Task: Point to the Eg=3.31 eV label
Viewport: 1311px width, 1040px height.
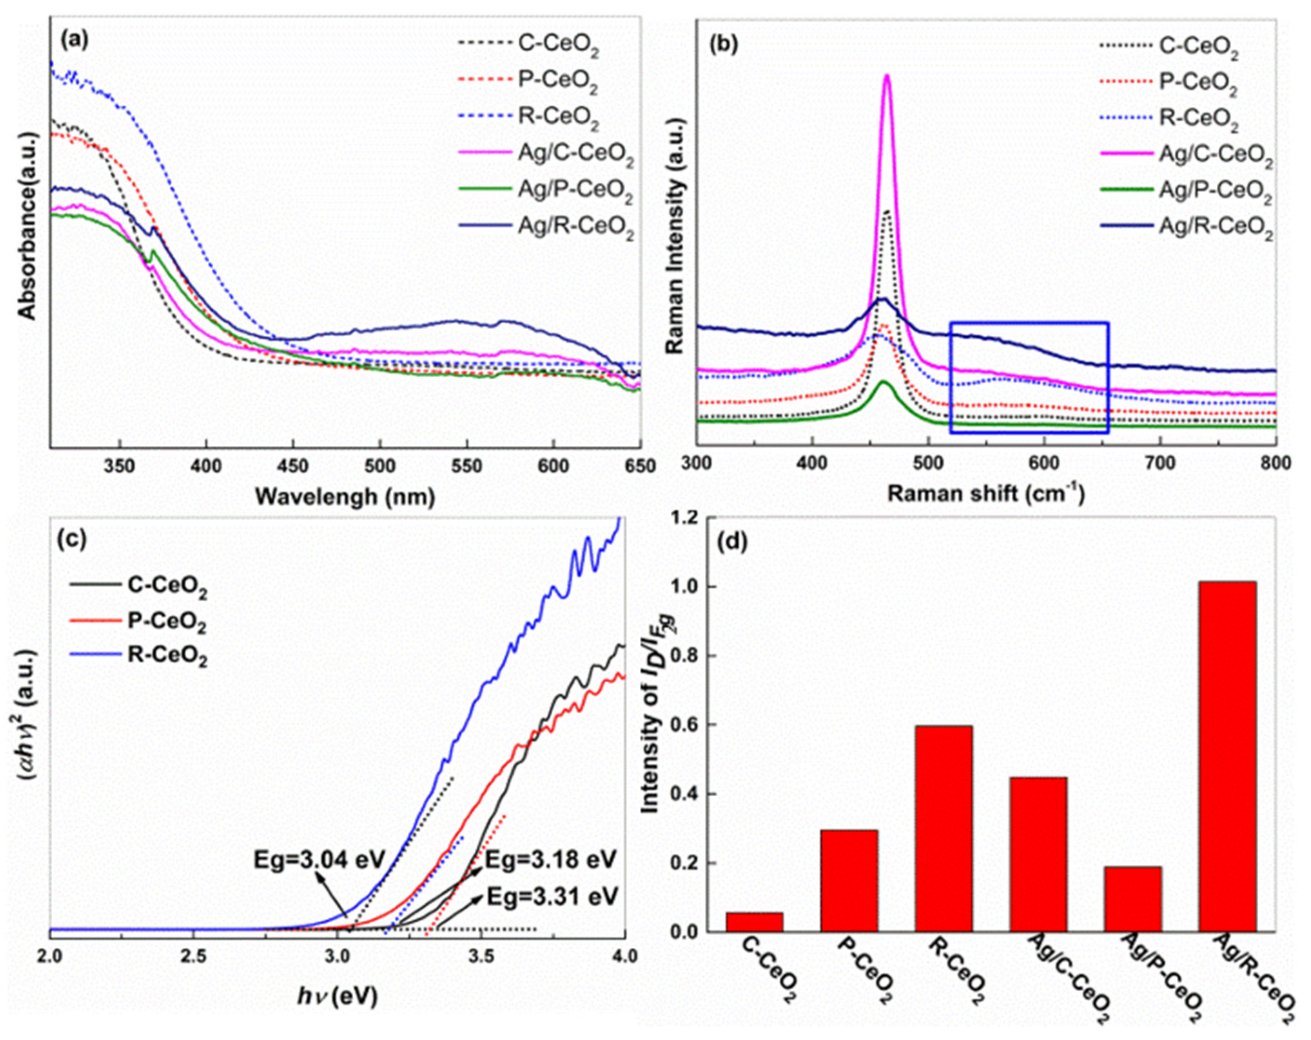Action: click(x=551, y=896)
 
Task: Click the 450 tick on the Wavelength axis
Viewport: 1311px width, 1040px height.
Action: click(x=293, y=467)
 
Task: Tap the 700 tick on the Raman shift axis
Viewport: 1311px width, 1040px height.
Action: click(x=1159, y=463)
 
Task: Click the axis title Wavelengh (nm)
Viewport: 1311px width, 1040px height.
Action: click(x=345, y=497)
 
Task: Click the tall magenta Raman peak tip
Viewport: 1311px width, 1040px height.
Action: click(x=886, y=75)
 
